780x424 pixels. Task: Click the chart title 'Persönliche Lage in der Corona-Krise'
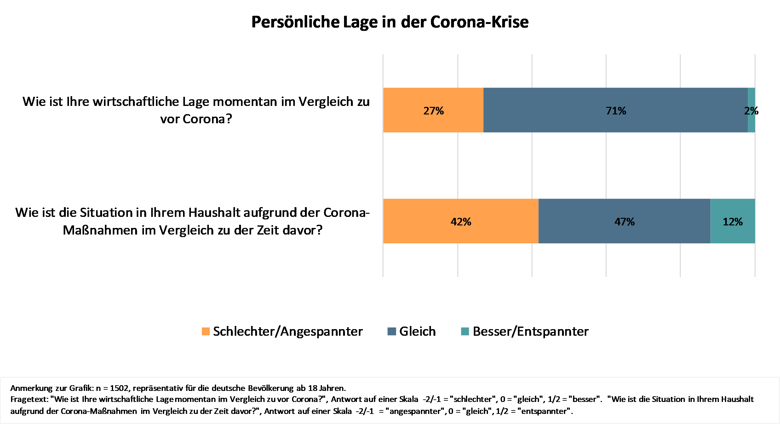[390, 22]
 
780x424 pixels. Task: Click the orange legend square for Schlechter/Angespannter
[206, 332]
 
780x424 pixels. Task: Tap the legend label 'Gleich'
[417, 332]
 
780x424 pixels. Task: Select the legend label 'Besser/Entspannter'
[531, 332]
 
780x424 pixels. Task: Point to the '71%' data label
[616, 111]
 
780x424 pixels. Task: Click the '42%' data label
[461, 222]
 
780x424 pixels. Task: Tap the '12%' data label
[732, 222]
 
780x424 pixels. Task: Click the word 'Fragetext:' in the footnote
[29, 399]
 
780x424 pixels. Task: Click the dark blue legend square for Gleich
[392, 332]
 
